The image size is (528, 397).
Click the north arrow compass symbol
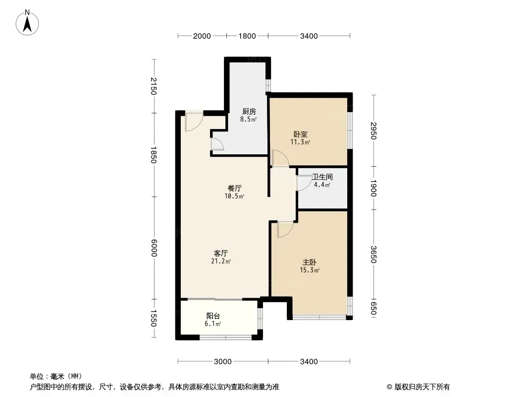click(27, 22)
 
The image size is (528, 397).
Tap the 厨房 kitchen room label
click(249, 111)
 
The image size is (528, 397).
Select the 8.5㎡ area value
click(249, 119)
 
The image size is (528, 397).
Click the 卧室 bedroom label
click(300, 134)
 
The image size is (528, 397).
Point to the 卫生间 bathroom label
click(322, 177)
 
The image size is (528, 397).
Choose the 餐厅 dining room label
click(235, 188)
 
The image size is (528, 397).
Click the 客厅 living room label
click(221, 253)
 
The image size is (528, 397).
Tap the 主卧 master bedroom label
click(310, 262)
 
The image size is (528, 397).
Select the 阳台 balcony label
click(213, 316)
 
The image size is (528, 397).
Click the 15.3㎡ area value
click(310, 270)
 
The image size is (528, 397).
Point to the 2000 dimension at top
click(202, 36)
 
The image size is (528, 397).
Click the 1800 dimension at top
click(247, 36)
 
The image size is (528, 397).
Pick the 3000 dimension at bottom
click(223, 362)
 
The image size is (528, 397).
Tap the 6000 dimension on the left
click(154, 248)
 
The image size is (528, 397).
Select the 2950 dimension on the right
click(373, 131)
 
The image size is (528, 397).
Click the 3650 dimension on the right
click(373, 254)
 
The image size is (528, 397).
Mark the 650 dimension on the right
click(373, 308)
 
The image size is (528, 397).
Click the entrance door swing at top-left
click(194, 122)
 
